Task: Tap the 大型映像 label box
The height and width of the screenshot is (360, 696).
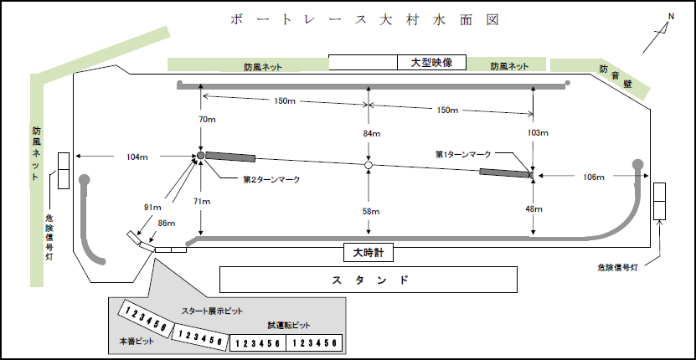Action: pyautogui.click(x=430, y=62)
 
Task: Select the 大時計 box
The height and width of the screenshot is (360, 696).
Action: pyautogui.click(x=368, y=252)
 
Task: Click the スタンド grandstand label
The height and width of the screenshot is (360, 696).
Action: pyautogui.click(x=369, y=279)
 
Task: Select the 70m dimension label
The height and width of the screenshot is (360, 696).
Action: pyautogui.click(x=207, y=121)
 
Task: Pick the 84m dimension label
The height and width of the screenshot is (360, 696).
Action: pyautogui.click(x=371, y=134)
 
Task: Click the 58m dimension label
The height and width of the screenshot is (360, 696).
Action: pyautogui.click(x=371, y=212)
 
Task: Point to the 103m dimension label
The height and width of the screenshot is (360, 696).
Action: pyautogui.click(x=539, y=133)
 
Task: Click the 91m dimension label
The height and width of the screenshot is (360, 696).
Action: pyautogui.click(x=153, y=207)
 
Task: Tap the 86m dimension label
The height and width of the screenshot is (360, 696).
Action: pyautogui.click(x=167, y=223)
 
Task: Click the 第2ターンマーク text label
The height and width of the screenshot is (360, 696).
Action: pyautogui.click(x=271, y=179)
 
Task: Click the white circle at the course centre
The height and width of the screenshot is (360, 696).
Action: pyautogui.click(x=368, y=166)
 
